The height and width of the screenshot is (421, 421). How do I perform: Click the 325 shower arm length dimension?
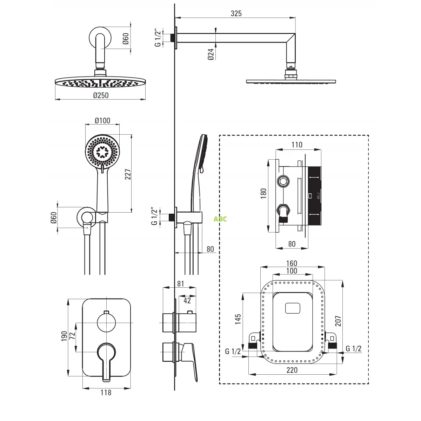click(236, 13)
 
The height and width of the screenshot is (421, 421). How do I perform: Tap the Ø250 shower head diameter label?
click(101, 95)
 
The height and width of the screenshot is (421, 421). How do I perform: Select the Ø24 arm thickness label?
click(210, 54)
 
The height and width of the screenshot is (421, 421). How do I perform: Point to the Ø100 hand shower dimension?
click(102, 121)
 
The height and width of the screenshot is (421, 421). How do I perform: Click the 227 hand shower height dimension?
click(128, 175)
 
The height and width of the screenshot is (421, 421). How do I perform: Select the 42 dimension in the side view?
click(187, 300)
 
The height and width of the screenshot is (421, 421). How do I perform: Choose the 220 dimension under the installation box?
click(292, 370)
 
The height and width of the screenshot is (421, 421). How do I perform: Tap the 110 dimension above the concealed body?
click(296, 145)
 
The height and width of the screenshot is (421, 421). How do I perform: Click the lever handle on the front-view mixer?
click(106, 358)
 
